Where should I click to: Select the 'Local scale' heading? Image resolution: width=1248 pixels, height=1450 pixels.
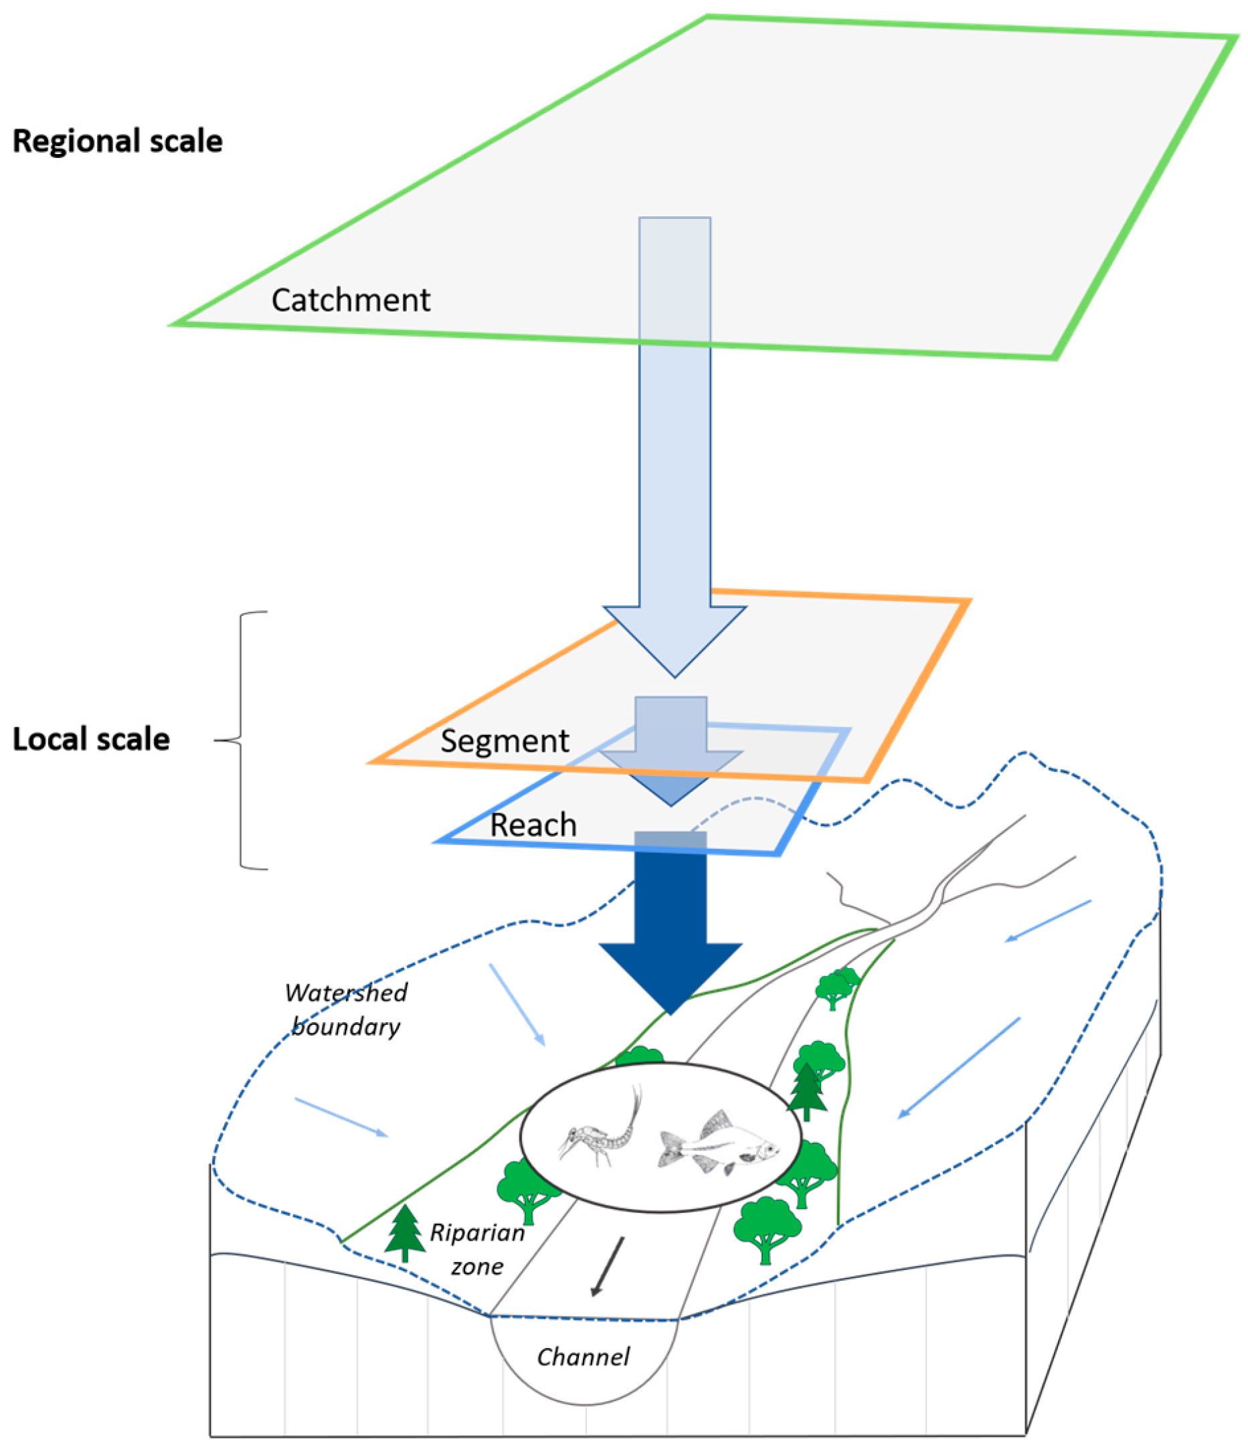click(x=91, y=740)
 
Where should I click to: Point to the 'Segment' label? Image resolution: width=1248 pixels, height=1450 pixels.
click(x=505, y=741)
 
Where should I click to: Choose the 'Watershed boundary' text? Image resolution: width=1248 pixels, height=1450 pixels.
click(x=345, y=1010)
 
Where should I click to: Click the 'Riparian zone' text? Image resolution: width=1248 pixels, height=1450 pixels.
click(x=477, y=1249)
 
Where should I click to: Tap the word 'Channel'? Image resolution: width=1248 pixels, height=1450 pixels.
click(x=583, y=1358)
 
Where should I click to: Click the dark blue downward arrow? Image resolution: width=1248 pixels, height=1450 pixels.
click(x=670, y=924)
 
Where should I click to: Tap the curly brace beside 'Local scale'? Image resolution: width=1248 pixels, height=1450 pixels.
click(x=242, y=740)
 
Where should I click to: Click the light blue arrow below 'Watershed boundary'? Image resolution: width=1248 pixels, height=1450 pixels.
click(x=517, y=1005)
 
